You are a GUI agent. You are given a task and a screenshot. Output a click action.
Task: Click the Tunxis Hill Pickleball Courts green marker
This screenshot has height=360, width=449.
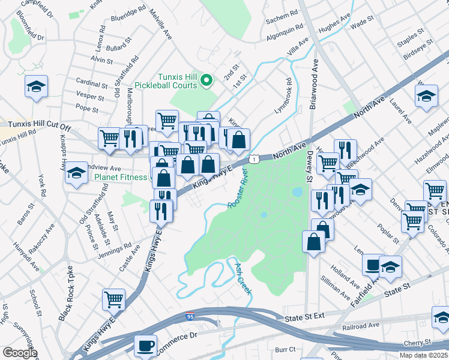click(x=206, y=80)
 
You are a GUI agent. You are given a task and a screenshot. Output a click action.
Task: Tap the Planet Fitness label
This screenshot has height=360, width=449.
click(x=120, y=177)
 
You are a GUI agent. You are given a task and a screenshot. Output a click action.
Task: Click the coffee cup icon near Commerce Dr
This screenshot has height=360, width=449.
click(x=145, y=346)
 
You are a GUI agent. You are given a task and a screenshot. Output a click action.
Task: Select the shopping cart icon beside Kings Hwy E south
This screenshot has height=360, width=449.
click(x=113, y=298)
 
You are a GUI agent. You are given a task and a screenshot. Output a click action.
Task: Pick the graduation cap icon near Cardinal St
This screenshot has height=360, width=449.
click(x=36, y=86)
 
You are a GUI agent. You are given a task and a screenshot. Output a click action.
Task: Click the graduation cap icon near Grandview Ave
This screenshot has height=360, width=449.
click(x=76, y=173)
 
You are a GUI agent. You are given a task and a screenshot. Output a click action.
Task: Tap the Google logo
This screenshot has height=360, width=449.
click(x=19, y=353)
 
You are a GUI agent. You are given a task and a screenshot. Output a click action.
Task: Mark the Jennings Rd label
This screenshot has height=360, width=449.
click(x=115, y=248)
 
